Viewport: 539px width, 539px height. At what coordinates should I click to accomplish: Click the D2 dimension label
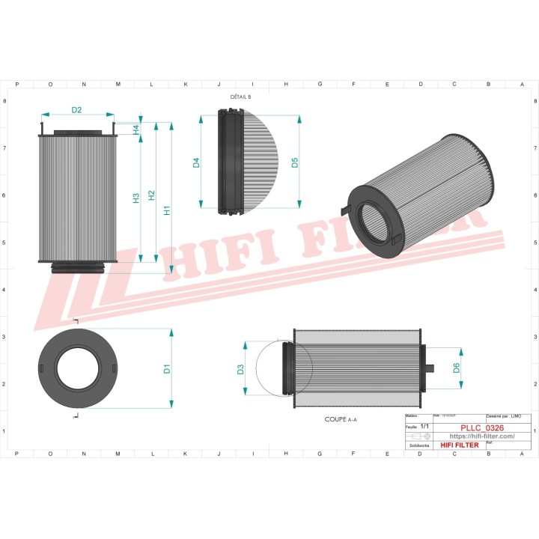[x=76, y=110]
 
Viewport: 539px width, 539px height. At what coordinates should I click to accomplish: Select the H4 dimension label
[x=136, y=129]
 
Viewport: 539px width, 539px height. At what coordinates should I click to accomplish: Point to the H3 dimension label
[x=136, y=198]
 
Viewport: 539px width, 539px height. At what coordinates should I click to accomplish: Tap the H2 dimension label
[x=152, y=195]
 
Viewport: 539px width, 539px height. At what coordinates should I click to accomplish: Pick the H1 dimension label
[x=168, y=210]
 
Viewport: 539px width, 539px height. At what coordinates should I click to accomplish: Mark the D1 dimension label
[x=168, y=368]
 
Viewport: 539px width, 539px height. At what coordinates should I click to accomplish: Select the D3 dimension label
[x=240, y=369]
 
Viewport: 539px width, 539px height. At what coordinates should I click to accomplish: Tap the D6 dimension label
[x=456, y=368]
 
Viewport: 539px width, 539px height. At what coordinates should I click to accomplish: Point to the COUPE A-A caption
[x=341, y=420]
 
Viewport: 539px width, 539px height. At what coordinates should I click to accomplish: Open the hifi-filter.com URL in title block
[x=482, y=436]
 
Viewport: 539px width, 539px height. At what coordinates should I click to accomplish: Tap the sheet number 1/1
[x=425, y=427]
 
